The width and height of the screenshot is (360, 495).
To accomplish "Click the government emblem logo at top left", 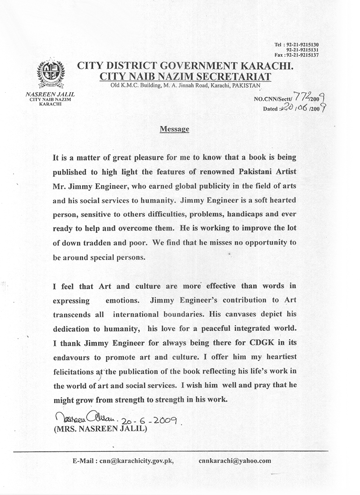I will point(50,74).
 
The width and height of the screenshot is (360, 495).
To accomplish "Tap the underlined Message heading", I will point(174,129).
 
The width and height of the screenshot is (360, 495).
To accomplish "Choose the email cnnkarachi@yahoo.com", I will point(234,461).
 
